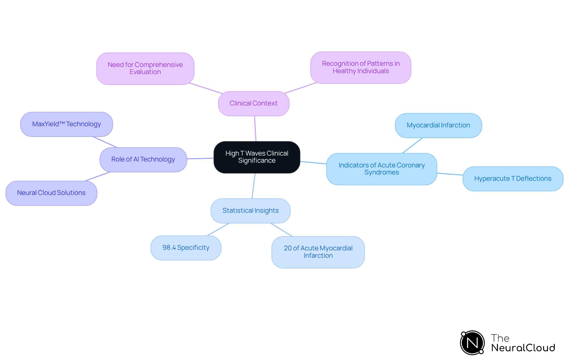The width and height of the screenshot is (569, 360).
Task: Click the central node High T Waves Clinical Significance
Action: tap(257, 157)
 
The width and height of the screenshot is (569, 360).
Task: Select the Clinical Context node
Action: tap(254, 103)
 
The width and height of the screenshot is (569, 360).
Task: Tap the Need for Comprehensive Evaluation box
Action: tap(145, 68)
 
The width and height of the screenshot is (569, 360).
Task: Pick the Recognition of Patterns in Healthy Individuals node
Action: tap(361, 68)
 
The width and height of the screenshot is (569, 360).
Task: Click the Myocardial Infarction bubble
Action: tap(438, 125)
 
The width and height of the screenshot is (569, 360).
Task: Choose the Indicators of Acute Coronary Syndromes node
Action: tap(381, 169)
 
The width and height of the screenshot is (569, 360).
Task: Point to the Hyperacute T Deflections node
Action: tap(513, 179)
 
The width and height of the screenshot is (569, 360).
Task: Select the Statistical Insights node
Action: tap(250, 211)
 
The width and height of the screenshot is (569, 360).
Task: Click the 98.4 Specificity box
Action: tap(186, 248)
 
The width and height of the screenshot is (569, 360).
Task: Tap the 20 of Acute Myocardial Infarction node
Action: tap(318, 252)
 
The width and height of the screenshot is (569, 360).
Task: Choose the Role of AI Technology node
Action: tap(143, 159)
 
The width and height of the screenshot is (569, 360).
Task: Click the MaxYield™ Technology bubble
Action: tap(66, 124)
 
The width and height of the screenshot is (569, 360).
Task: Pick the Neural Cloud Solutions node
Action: tap(51, 193)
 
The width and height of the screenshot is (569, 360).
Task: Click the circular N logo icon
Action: tap(472, 343)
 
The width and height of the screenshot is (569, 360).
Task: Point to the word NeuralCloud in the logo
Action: tap(523, 348)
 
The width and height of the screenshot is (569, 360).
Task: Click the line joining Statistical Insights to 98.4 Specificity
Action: tap(218, 229)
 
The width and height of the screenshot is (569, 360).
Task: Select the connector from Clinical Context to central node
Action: tap(255, 129)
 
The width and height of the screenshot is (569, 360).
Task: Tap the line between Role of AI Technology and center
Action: tap(200, 159)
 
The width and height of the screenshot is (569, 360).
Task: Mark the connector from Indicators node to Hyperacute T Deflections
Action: tap(450, 174)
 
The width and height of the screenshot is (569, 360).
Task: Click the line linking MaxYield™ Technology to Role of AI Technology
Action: tap(105, 142)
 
